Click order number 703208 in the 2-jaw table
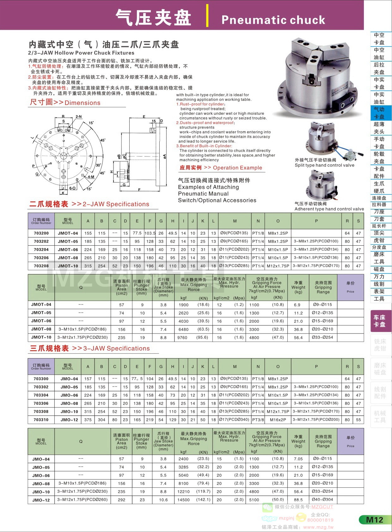click(41, 266)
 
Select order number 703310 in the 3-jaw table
click(41, 420)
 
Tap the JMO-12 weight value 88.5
click(298, 500)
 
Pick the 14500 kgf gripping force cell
click(183, 500)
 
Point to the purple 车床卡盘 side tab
click(380, 321)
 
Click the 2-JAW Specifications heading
click(116, 204)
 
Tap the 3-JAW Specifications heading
click(116, 348)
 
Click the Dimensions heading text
click(82, 103)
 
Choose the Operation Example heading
click(237, 168)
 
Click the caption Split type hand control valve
click(324, 165)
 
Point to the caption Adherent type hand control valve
click(329, 209)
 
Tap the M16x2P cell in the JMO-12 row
click(278, 420)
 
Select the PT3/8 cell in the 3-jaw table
click(258, 420)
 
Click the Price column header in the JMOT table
click(350, 287)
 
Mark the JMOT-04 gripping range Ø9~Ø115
click(323, 305)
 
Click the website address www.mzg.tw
click(318, 527)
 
